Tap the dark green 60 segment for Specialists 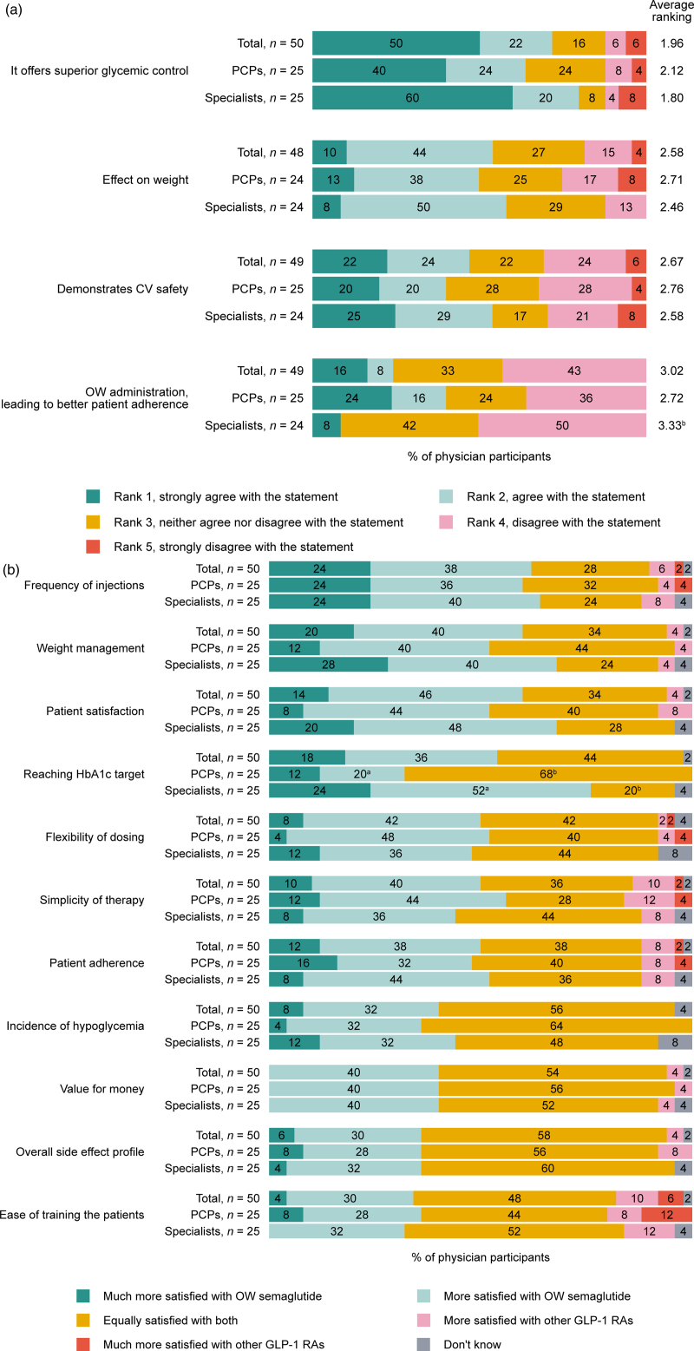point(412,98)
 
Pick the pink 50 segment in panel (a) point(562,425)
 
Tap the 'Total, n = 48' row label point(270,152)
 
